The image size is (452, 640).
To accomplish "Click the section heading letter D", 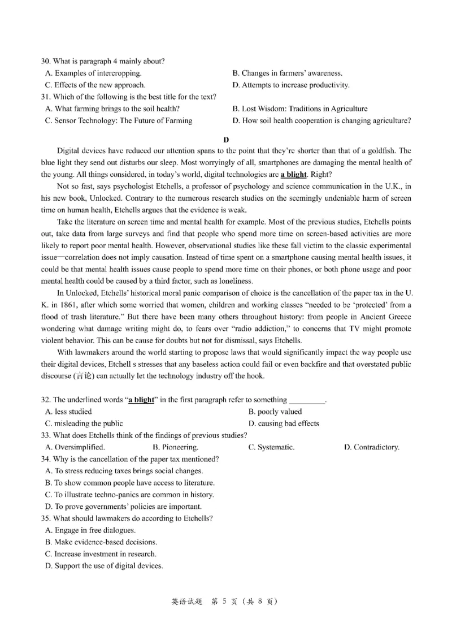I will (226, 139).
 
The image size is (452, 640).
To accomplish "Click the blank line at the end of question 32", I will (307, 400).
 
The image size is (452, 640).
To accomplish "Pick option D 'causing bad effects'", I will (284, 423).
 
